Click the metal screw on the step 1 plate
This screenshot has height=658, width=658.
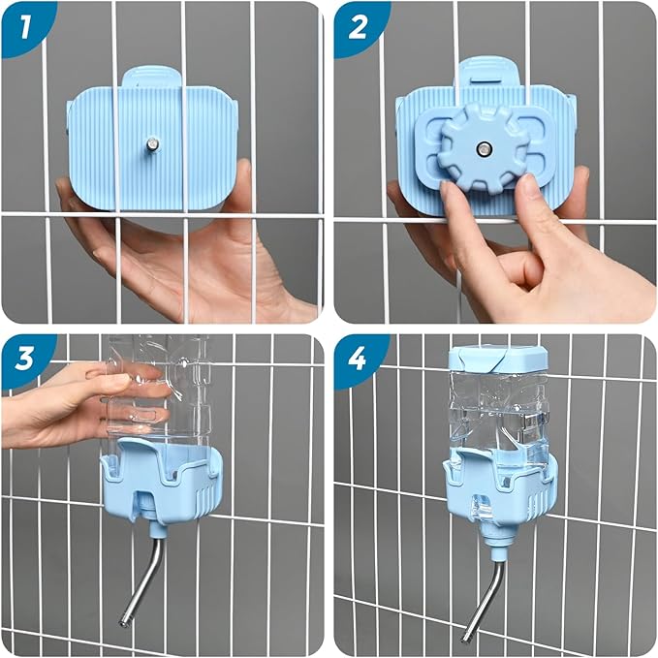(x=152, y=145)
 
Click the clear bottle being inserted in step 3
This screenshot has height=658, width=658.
(x=160, y=388)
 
